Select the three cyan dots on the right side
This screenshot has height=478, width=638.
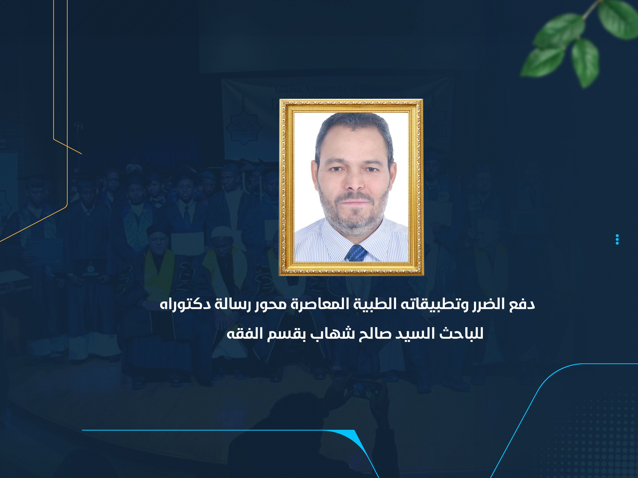click(617, 239)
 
